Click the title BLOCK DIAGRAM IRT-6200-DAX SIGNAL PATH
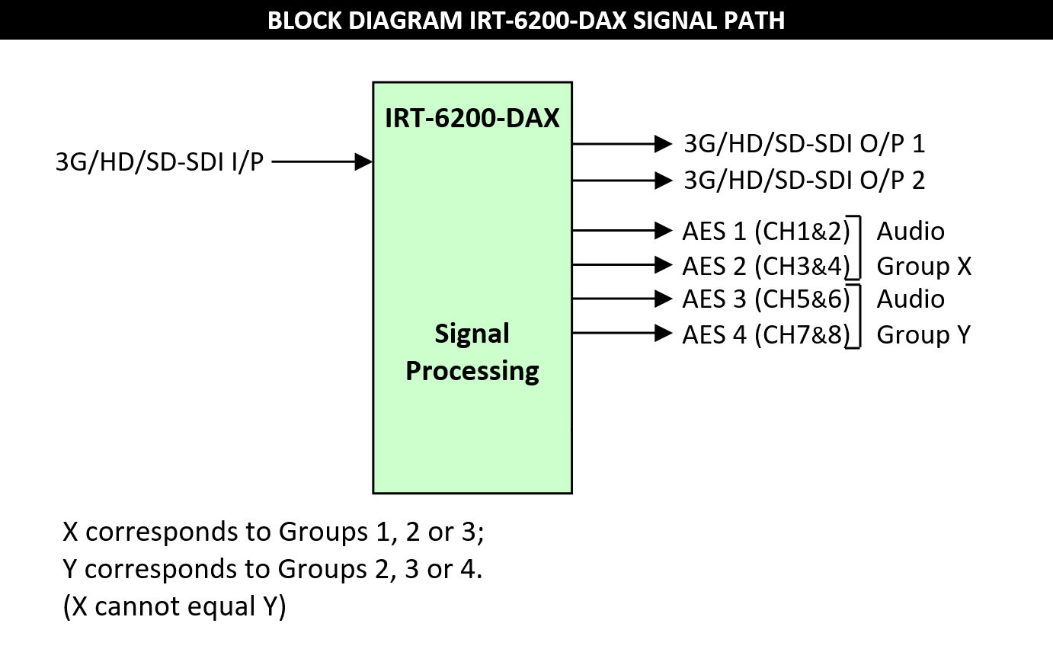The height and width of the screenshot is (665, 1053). [x=526, y=20]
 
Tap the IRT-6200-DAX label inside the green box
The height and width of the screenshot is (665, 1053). [x=472, y=118]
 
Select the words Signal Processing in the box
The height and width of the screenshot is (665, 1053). [x=472, y=352]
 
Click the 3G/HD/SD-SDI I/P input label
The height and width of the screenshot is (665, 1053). [x=159, y=161]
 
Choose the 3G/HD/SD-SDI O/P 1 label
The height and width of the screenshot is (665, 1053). [x=804, y=143]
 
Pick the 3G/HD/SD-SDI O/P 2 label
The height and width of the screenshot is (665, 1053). [x=804, y=180]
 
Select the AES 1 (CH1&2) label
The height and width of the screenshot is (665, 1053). [x=766, y=231]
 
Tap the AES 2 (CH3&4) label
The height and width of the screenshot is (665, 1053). [x=766, y=266]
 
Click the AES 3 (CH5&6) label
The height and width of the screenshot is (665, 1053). [x=766, y=299]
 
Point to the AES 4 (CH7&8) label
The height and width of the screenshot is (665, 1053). [x=766, y=334]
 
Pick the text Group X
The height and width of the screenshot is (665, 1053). [x=923, y=266]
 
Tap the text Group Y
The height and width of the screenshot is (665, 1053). [x=923, y=334]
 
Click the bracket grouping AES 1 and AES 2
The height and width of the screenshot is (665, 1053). [x=859, y=248]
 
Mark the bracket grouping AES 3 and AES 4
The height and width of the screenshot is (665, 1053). [x=859, y=316]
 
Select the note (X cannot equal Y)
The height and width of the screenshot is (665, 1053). [x=174, y=606]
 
